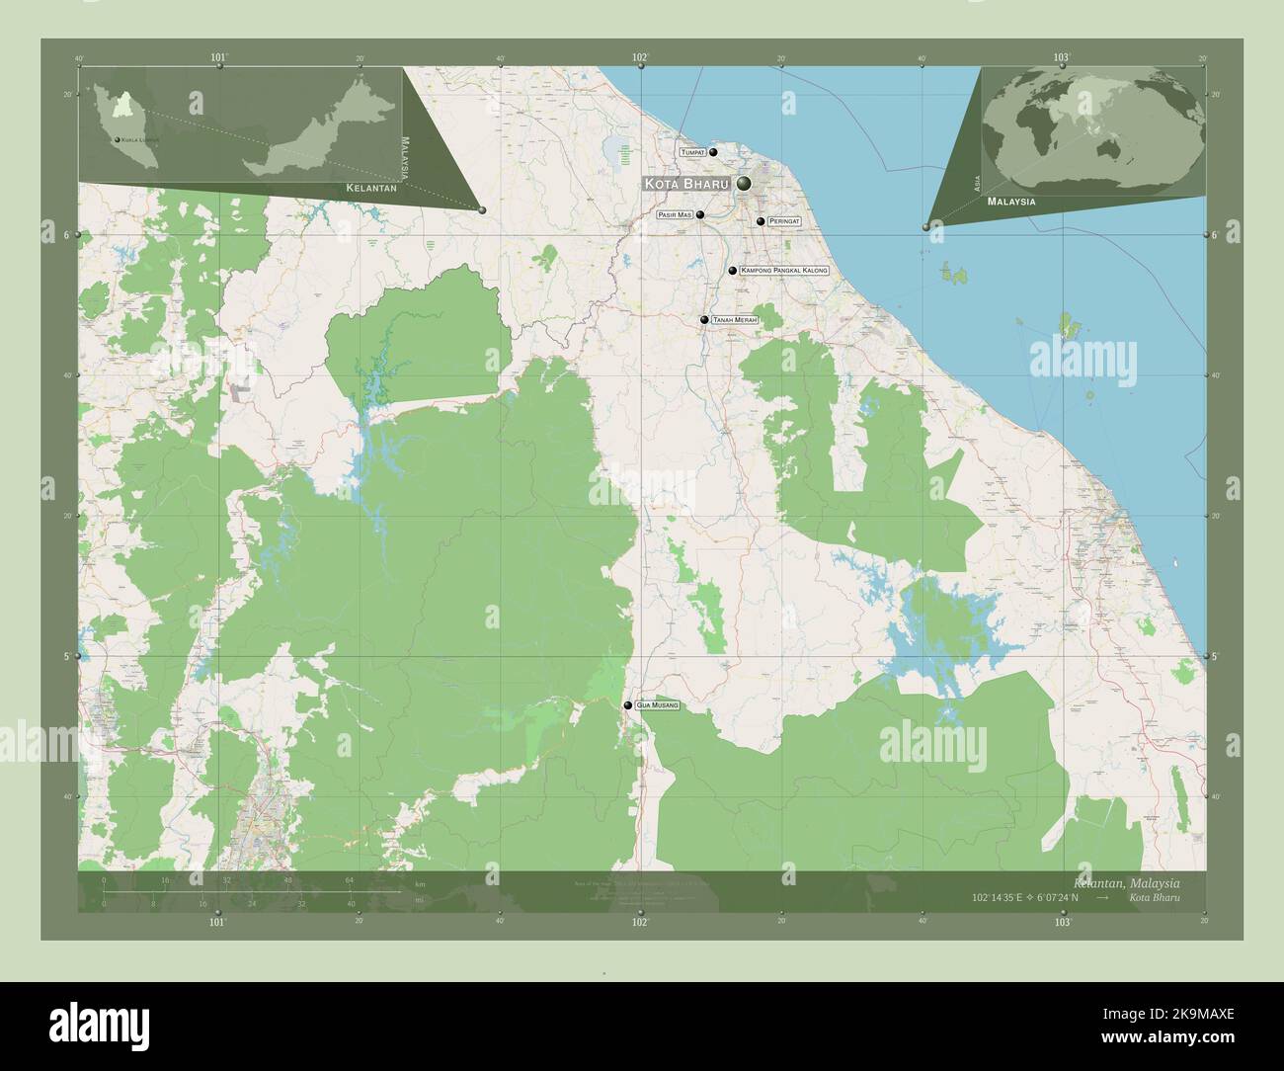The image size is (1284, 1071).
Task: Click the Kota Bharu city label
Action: tap(686, 184)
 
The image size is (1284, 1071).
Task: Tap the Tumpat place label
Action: tap(691, 153)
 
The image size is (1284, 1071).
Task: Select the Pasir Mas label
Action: tap(674, 214)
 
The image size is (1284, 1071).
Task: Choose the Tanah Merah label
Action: tap(734, 320)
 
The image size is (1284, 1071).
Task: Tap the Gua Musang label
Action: tap(657, 705)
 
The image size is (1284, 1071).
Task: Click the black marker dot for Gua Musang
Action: tap(628, 705)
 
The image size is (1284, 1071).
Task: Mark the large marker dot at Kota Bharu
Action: tap(742, 184)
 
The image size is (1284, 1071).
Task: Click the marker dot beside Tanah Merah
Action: tap(704, 320)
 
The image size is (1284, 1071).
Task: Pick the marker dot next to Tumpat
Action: tap(712, 153)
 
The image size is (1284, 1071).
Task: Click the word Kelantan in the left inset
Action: tap(371, 187)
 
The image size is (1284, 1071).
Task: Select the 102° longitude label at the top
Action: tap(640, 58)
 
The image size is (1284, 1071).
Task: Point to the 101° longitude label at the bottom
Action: tap(218, 922)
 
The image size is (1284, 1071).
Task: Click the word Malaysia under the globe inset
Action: tap(1011, 201)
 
